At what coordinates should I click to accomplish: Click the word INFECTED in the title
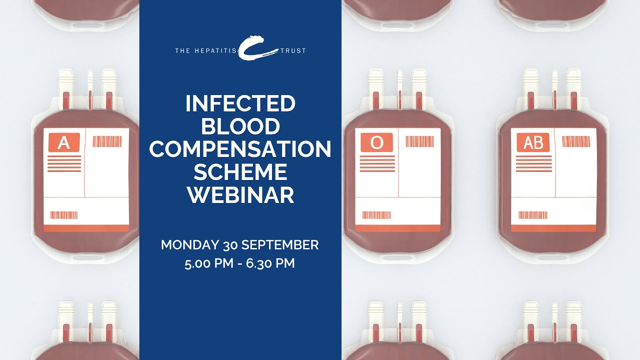[x=240, y=104]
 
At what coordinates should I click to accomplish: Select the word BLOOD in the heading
[x=240, y=126]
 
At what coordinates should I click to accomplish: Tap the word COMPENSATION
[x=240, y=149]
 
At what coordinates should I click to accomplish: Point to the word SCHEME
[x=240, y=172]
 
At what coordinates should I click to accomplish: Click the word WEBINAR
[x=240, y=195]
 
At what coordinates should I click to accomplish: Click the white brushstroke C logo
[x=258, y=47]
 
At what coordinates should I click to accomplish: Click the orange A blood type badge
[x=64, y=143]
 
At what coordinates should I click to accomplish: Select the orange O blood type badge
[x=376, y=143]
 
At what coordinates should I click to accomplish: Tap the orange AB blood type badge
[x=533, y=143]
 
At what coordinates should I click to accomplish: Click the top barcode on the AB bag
[x=576, y=141]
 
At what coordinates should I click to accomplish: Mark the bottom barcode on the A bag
[x=64, y=215]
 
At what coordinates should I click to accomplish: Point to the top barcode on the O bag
[x=419, y=141]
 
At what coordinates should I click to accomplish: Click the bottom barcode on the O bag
[x=376, y=215]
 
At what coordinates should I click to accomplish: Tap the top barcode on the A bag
[x=107, y=141]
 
